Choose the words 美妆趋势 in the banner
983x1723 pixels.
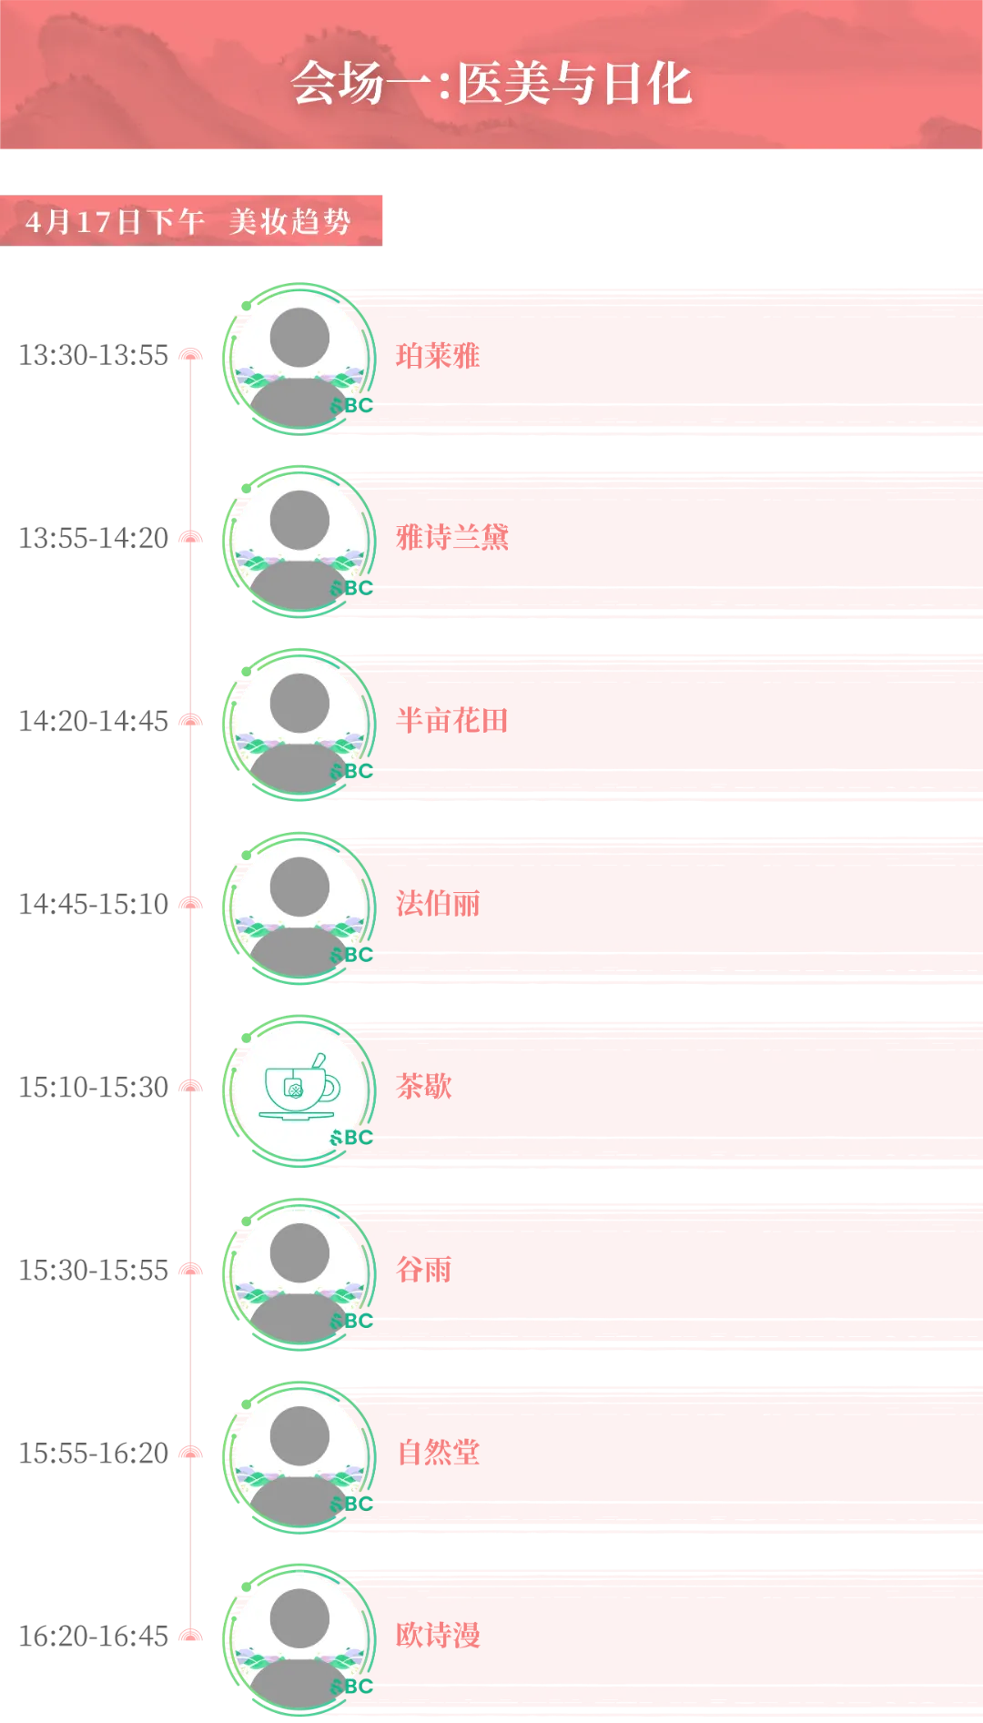coord(289,221)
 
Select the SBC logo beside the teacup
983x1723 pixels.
coord(352,1138)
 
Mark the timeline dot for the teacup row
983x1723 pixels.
coord(190,1085)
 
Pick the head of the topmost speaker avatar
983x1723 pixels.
coord(299,337)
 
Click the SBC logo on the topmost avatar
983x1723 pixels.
coord(352,405)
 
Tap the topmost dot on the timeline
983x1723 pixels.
coord(190,355)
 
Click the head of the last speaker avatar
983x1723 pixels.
coord(299,1617)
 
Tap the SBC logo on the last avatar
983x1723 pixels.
coord(352,1687)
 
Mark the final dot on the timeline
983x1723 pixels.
coord(190,1635)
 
